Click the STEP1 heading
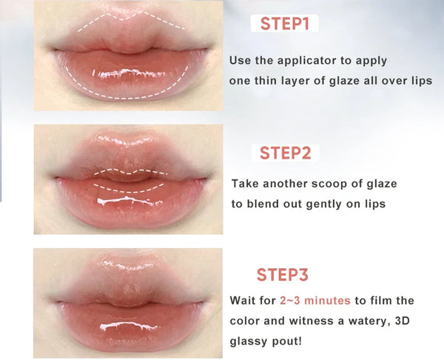click(x=284, y=24)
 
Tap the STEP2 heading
click(x=284, y=153)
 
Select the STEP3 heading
click(x=282, y=275)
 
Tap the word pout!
click(x=289, y=343)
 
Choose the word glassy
click(x=249, y=343)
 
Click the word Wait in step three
click(x=243, y=301)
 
